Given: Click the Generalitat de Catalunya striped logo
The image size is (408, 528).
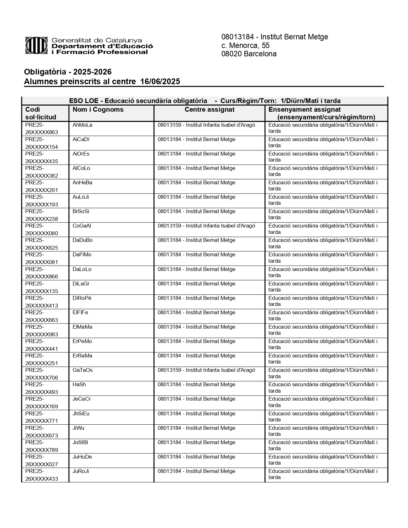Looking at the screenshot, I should coord(37,45).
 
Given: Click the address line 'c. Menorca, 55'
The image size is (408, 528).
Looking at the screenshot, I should coord(245,45).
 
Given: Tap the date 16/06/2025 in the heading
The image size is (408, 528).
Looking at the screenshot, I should coord(160,82).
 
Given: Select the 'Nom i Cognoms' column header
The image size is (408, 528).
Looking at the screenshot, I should coord(98,110).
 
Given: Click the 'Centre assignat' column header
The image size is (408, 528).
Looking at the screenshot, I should coord(209,110).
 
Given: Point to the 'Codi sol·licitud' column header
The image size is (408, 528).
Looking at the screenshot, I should coord(41,113).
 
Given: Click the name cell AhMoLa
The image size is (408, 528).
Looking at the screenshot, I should coord(82,125).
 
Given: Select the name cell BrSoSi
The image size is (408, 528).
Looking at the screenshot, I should coord(81,212).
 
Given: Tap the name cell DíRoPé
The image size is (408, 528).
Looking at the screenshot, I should coord(82,298).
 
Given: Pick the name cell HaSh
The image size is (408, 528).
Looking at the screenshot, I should coord(79,385).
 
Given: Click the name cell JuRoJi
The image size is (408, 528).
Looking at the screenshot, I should coord(81,471).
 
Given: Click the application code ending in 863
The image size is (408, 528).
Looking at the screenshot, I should coord(42,129).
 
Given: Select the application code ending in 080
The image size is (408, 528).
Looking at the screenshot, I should coord(42,229).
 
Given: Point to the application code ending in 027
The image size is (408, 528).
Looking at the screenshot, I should coord(42,460).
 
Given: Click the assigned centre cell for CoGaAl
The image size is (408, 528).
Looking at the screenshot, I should coord(206,226).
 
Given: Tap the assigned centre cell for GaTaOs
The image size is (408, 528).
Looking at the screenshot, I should coord(206,370).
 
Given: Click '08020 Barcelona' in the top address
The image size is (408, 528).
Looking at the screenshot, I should coord(249,54).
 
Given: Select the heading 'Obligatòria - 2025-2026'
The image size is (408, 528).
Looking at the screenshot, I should coord(68,72).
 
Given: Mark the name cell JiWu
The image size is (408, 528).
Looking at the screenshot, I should coord(78,428).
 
